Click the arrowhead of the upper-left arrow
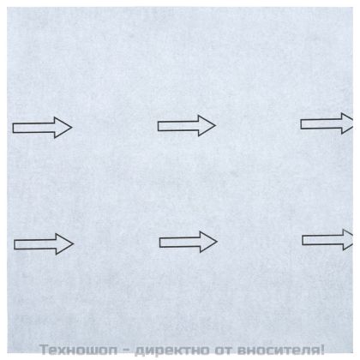[x=63, y=129]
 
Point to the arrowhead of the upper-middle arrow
[x=207, y=126]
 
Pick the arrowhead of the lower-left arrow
[x=64, y=244]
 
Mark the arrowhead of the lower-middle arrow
[x=207, y=241]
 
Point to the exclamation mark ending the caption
[x=323, y=349]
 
